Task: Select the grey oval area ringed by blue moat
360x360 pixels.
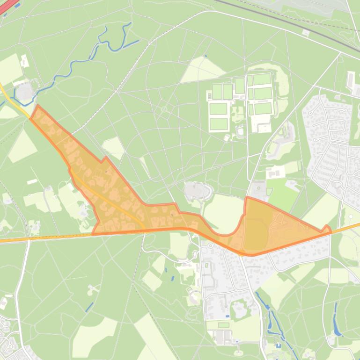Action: [25, 91]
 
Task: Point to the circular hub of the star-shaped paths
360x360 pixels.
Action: [164, 109]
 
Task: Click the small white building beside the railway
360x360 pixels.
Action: [306, 33]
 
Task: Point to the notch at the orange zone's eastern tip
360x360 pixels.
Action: [326, 229]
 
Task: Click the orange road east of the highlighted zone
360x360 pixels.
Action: [346, 228]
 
